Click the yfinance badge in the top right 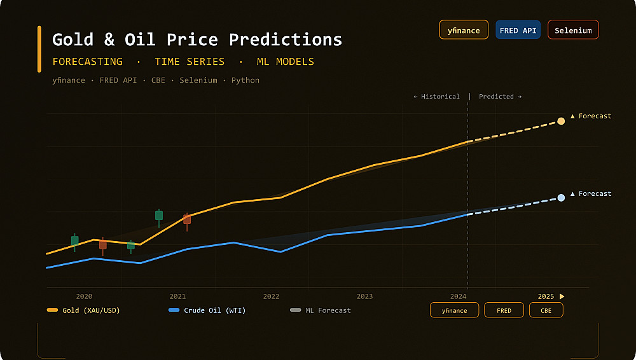(464, 30)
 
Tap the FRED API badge (518, 30)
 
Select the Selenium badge (572, 30)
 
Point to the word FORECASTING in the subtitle (87, 62)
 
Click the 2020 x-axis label (84, 296)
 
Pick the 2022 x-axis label (271, 296)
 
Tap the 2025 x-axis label (546, 296)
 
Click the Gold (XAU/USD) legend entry (83, 310)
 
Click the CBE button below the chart (546, 310)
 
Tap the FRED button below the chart (504, 310)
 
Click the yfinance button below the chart (454, 310)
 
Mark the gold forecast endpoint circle (561, 121)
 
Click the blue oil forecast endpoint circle (561, 198)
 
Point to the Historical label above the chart (436, 97)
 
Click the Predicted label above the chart (500, 97)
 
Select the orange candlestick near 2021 (187, 219)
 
